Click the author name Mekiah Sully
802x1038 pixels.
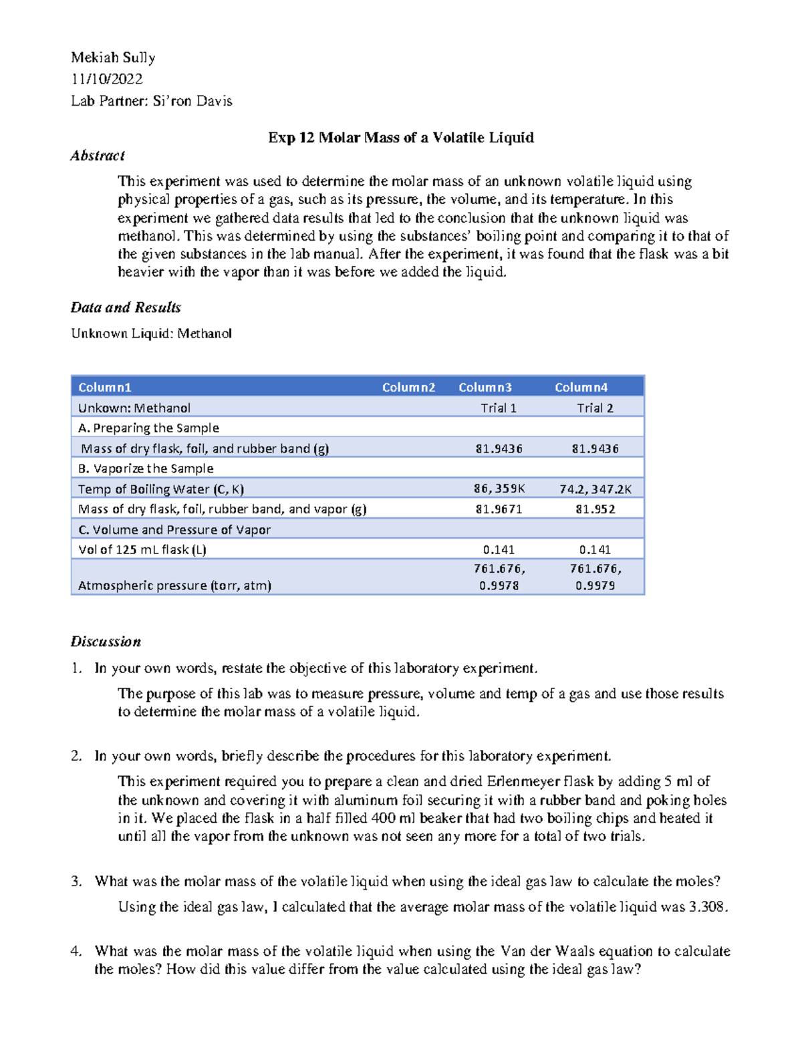tap(113, 58)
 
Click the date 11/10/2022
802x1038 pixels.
tap(107, 80)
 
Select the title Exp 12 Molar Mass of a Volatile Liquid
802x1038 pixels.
tap(400, 138)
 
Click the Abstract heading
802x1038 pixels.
tap(98, 156)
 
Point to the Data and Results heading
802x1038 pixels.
tap(126, 307)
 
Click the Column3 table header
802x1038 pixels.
tap(485, 388)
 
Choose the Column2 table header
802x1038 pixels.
tap(408, 388)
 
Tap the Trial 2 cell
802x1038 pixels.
tap(595, 408)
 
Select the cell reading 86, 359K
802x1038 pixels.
tap(499, 489)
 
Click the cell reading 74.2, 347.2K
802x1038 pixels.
tap(595, 489)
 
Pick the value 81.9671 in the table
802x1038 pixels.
tap(499, 509)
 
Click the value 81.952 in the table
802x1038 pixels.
tap(595, 509)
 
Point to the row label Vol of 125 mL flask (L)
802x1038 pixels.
tap(142, 550)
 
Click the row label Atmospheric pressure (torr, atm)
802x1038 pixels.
tap(174, 586)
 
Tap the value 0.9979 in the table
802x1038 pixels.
tap(595, 586)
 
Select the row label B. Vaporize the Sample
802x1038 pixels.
tap(146, 469)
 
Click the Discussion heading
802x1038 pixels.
tap(106, 642)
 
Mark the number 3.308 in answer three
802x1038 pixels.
tap(706, 908)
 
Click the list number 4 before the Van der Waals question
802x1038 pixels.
tap(76, 952)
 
